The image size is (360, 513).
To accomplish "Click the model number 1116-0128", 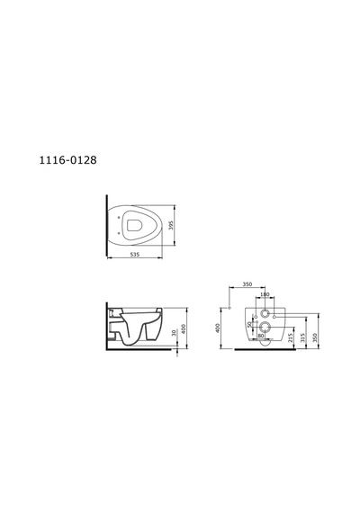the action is point(67,160).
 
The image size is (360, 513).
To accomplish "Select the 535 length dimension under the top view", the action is point(134,254).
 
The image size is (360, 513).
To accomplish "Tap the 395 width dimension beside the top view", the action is point(170,225).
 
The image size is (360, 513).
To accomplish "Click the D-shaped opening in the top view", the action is point(134,225).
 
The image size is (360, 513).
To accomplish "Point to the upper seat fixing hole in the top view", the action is point(118,217).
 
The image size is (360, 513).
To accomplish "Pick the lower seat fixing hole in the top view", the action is point(118,233).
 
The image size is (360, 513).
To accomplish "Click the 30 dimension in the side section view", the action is point(175,333).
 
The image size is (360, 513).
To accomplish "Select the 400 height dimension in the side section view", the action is point(184,328).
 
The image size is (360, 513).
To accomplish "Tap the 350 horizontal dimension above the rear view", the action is point(247,284).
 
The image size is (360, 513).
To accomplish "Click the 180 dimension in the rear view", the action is point(265,294).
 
